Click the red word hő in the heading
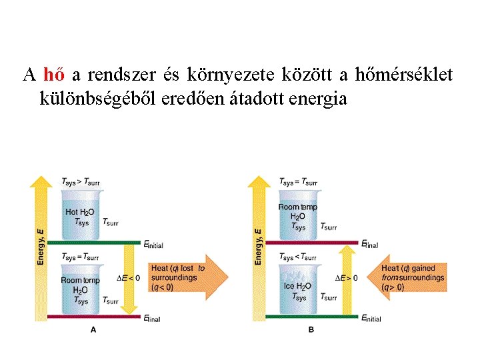coord(53,74)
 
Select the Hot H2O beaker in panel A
coord(81,213)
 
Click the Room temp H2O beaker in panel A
coord(81,289)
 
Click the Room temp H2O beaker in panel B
coord(298,213)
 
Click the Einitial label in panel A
coord(153,245)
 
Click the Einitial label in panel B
coord(371,319)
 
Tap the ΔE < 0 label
coord(128,277)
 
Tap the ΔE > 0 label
coord(346,277)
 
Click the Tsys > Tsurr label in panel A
coord(80,181)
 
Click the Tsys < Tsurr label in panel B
coord(298,257)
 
